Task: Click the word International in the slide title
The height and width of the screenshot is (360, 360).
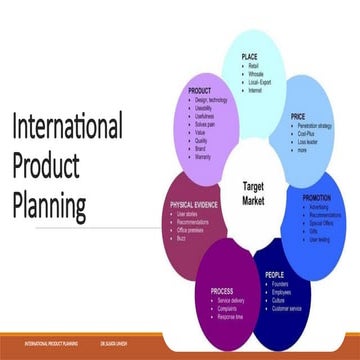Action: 66,128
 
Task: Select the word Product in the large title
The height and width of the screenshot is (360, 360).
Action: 49,167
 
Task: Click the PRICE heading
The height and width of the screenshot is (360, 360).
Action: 297,116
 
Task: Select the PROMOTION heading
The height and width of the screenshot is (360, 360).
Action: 318,198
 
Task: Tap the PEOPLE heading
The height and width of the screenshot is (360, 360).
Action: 274,273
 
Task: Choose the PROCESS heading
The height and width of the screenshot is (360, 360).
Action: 222,291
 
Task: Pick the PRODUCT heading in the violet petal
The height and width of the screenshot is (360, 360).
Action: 204,92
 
